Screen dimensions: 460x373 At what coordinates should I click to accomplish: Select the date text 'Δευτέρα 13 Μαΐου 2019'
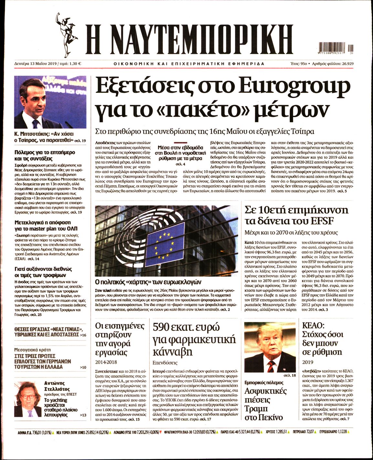[x=35, y=64]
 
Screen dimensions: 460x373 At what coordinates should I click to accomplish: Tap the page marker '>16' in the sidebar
[x=83, y=335]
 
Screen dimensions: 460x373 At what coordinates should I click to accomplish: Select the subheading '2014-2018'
[x=106, y=362]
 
